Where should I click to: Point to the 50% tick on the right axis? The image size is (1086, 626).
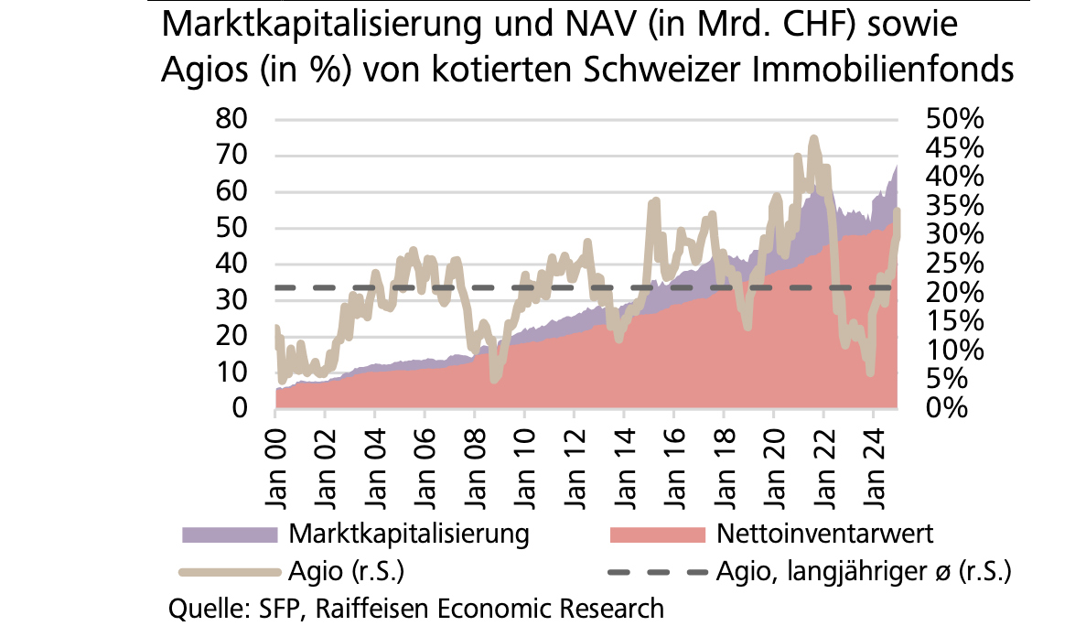pyautogui.click(x=953, y=119)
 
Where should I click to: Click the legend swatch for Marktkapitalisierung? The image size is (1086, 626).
pyautogui.click(x=229, y=534)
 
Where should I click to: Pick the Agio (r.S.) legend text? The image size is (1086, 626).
pyautogui.click(x=347, y=572)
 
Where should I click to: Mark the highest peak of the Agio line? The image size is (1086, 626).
pyautogui.click(x=813, y=139)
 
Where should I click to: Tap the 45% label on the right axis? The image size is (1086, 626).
pyautogui.click(x=953, y=148)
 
